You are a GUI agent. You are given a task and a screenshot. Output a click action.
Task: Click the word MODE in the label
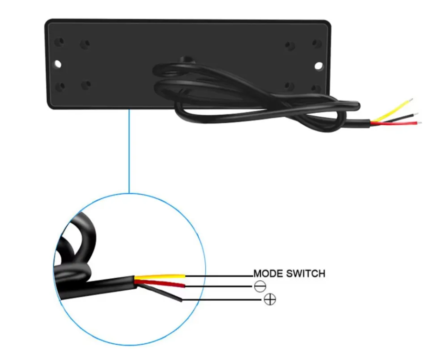(268, 273)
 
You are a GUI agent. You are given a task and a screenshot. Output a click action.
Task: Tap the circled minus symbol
(260, 286)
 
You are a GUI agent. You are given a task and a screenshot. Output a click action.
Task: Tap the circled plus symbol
(270, 299)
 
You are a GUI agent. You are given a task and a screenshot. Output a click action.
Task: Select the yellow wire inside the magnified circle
(160, 277)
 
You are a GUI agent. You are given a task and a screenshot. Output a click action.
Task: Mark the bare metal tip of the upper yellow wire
(410, 99)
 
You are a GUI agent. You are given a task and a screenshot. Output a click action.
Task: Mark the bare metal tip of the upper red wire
(419, 122)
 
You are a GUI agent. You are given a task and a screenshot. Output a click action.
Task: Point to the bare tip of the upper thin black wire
(416, 114)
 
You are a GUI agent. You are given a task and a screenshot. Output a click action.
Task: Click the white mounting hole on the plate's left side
(58, 64)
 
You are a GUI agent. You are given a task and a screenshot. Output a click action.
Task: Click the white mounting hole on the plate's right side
(319, 66)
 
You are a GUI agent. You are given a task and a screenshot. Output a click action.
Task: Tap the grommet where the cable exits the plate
(185, 60)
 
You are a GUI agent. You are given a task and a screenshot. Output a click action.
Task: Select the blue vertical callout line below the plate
(129, 151)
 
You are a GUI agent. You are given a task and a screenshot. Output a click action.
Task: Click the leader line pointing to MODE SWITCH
(219, 276)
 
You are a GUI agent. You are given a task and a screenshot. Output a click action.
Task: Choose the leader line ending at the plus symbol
(223, 300)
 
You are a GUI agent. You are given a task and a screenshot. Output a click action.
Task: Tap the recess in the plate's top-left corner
(59, 43)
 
